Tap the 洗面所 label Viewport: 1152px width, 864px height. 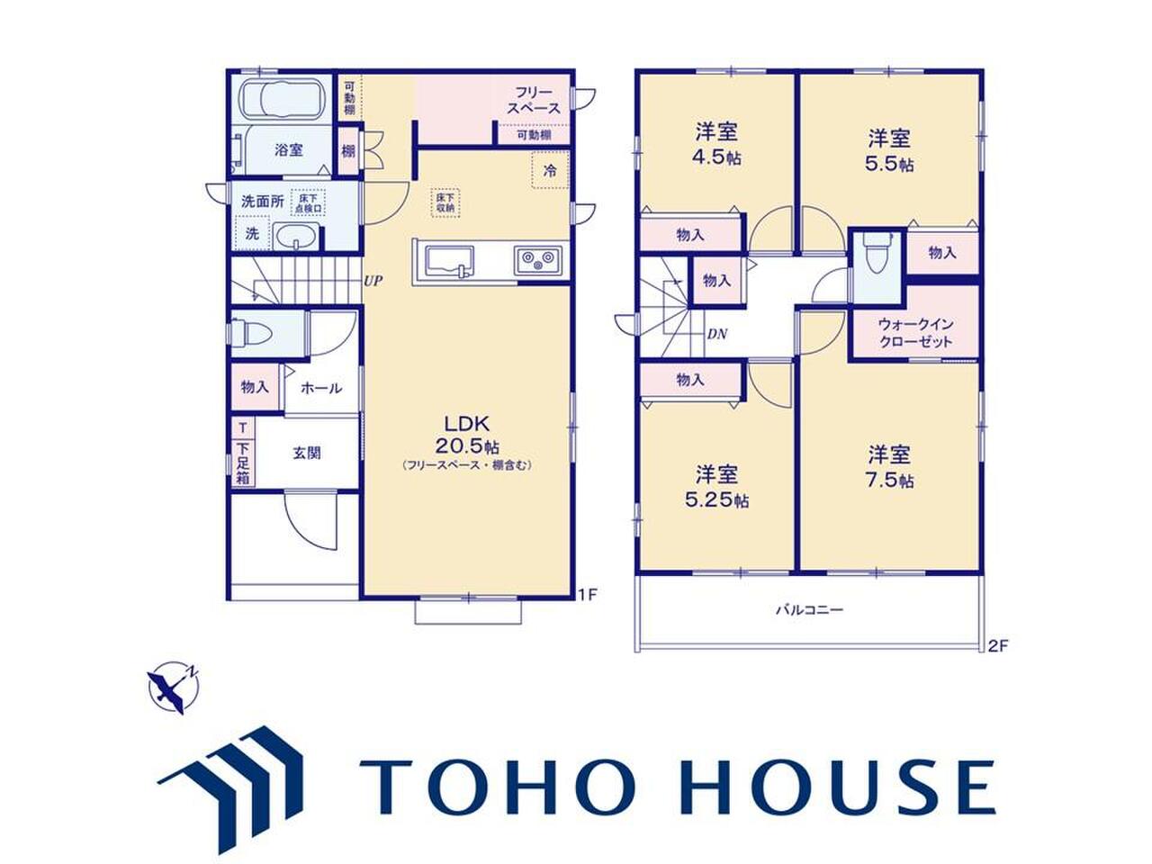tap(263, 201)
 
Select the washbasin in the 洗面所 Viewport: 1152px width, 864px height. tap(296, 236)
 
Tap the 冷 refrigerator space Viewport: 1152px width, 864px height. tap(550, 170)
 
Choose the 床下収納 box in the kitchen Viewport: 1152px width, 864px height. tap(445, 203)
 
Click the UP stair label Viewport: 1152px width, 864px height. tap(373, 281)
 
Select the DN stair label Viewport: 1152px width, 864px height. tap(717, 334)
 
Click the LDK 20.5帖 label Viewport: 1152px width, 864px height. tap(466, 435)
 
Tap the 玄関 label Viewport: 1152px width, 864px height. tap(307, 453)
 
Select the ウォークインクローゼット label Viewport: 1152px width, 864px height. tap(914, 333)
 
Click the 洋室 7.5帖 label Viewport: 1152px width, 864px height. tap(888, 467)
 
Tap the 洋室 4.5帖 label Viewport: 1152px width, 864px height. tap(716, 144)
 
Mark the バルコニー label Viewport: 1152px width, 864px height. tap(810, 610)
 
